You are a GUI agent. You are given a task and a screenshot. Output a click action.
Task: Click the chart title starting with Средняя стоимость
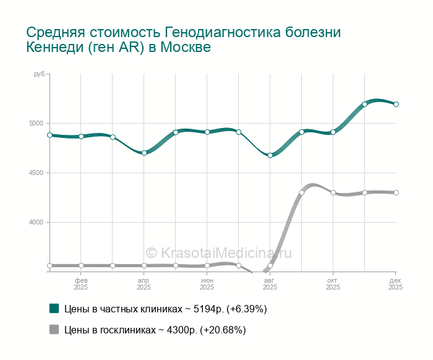coord(184,39)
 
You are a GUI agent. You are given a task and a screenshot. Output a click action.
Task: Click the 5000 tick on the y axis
coord(36,124)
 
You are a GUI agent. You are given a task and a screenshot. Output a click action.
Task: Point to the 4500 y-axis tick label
coord(36,173)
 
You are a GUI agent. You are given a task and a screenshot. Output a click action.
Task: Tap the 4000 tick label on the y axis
coord(36,223)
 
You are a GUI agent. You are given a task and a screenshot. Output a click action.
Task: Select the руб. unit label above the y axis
coord(39,74)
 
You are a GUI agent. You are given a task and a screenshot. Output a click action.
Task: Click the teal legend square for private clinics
coord(54,308)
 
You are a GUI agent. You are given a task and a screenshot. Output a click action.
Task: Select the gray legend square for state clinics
coord(54,330)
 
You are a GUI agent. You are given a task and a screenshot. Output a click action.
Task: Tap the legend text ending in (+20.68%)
coord(155,330)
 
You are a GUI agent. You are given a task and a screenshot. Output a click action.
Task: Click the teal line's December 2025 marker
coord(396,104)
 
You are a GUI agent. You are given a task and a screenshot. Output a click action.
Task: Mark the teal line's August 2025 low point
coord(270,155)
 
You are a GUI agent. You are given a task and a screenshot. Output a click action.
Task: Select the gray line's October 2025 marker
coord(333,193)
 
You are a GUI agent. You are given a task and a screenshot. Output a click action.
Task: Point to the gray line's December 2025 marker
coord(396,192)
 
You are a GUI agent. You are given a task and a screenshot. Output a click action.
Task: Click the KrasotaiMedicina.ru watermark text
coord(218,252)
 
